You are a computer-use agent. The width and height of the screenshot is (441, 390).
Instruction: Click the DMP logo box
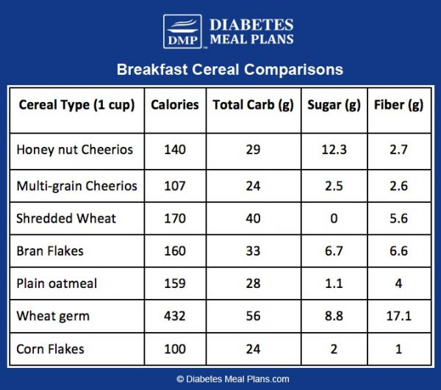click(182, 32)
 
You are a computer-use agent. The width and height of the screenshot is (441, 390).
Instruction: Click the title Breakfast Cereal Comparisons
click(229, 71)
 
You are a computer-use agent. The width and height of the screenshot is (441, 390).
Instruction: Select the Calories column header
click(175, 105)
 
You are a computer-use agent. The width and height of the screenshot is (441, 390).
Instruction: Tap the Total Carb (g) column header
click(253, 105)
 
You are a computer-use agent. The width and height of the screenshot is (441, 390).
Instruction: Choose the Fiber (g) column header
click(398, 105)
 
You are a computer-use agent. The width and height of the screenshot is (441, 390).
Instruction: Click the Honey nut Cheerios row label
click(75, 150)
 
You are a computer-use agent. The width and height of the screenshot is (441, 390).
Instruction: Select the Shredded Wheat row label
click(66, 218)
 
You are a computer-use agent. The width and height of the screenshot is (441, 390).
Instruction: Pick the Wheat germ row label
click(53, 317)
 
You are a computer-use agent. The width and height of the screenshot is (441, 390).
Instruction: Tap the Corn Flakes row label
click(50, 349)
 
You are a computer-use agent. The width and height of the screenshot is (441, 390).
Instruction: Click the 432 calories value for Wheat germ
click(175, 317)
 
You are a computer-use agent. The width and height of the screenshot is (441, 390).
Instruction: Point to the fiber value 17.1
click(398, 317)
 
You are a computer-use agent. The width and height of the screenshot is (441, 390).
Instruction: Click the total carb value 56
click(253, 317)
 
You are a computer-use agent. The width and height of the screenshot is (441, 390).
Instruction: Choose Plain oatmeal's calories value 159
click(175, 284)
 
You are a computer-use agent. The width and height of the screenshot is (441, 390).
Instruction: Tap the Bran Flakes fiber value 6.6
click(398, 250)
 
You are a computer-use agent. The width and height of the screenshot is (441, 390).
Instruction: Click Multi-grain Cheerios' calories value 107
click(175, 186)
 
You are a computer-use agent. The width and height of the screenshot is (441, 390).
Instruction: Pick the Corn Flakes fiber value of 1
click(398, 349)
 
